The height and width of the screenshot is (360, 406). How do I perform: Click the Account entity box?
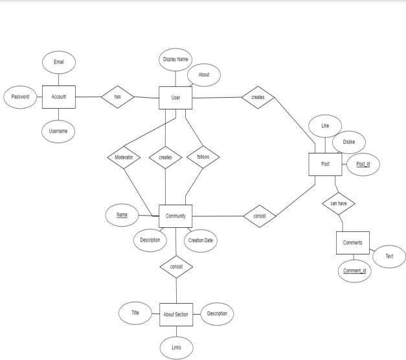(x=59, y=97)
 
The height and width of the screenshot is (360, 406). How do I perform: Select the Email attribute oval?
(x=59, y=62)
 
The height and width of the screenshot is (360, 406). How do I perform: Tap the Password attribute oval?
(x=20, y=97)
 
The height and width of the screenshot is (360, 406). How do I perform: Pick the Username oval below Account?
(x=59, y=131)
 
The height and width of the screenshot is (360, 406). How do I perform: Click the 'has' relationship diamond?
(x=117, y=97)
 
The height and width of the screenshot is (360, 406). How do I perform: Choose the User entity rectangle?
(x=175, y=98)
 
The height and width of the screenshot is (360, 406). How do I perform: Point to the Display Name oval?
(x=175, y=60)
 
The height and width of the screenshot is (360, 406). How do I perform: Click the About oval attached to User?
(x=204, y=75)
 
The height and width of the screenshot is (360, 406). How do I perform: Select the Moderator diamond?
(x=124, y=157)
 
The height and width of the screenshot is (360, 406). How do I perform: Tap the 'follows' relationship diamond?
(x=203, y=157)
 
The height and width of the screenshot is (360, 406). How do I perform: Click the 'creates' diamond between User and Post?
(x=257, y=98)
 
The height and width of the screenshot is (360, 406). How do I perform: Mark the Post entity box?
(x=325, y=164)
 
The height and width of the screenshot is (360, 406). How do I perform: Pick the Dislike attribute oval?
(x=349, y=142)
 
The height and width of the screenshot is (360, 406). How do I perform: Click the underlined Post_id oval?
(x=363, y=164)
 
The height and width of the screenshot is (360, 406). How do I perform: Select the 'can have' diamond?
(x=338, y=203)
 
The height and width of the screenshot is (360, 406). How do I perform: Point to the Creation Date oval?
(x=200, y=240)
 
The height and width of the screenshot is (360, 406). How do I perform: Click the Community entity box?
(x=175, y=216)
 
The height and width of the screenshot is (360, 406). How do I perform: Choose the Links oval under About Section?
(x=176, y=348)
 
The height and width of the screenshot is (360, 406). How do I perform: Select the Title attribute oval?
(x=135, y=313)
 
